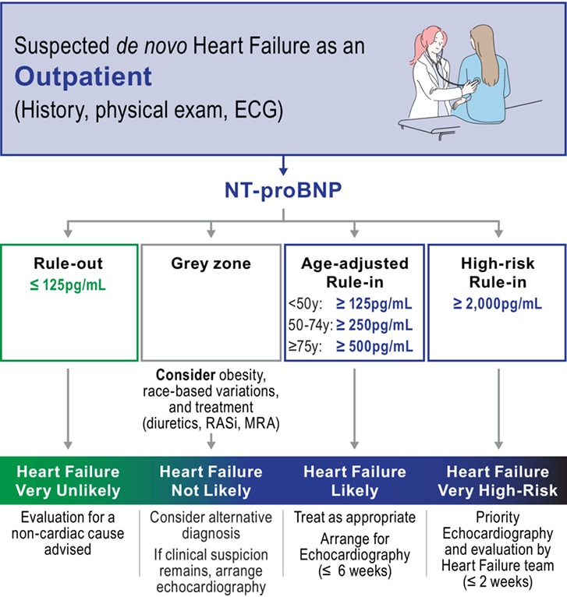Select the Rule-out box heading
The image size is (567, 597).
pos(69,263)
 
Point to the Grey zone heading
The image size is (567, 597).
pos(211,263)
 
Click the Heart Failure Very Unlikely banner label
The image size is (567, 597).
pos(69,482)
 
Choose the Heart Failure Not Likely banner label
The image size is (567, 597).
pos(211,482)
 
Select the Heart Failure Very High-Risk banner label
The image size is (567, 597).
pos(498,482)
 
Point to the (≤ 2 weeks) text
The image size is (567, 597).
pos(497,581)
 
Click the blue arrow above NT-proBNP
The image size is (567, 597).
pos(284,166)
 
